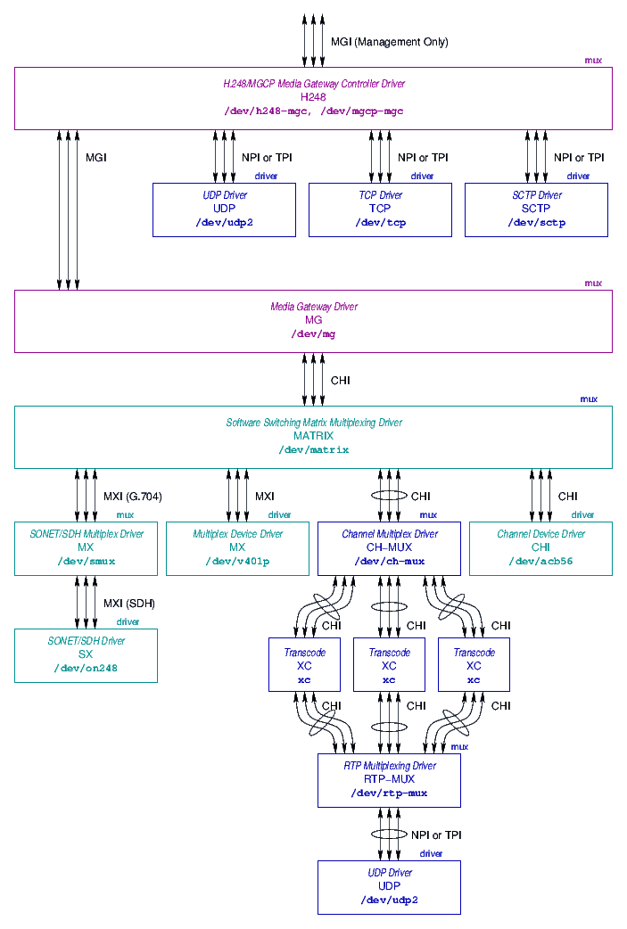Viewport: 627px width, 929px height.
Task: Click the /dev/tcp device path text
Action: tap(380, 223)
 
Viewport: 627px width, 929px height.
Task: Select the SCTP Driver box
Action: tap(536, 210)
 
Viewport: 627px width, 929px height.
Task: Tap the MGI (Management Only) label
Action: tap(389, 42)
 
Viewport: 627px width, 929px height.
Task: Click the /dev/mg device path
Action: tap(313, 334)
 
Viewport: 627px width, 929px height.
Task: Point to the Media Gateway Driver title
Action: tap(313, 307)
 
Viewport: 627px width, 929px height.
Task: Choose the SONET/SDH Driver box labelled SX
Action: tap(86, 655)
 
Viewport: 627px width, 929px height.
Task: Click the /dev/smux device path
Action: tap(86, 562)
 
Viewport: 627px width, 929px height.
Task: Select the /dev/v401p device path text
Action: tap(237, 562)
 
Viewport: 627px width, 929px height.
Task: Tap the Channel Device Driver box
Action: tap(540, 548)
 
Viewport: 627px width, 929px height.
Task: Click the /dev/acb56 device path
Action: tap(540, 562)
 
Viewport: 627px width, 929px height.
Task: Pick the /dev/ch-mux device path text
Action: tap(389, 562)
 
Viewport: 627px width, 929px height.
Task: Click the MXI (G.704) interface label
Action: tap(132, 497)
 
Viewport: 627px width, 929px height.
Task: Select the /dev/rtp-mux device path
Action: tap(389, 793)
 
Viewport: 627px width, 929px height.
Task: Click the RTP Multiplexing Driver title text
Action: tap(389, 766)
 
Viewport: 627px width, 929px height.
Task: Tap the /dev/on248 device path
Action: tap(86, 669)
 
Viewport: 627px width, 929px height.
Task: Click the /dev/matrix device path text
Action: tap(313, 450)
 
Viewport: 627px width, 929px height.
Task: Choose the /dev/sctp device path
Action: tap(536, 223)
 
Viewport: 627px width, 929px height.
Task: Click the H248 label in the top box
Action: tap(313, 97)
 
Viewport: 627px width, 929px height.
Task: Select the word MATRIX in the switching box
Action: tap(313, 436)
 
